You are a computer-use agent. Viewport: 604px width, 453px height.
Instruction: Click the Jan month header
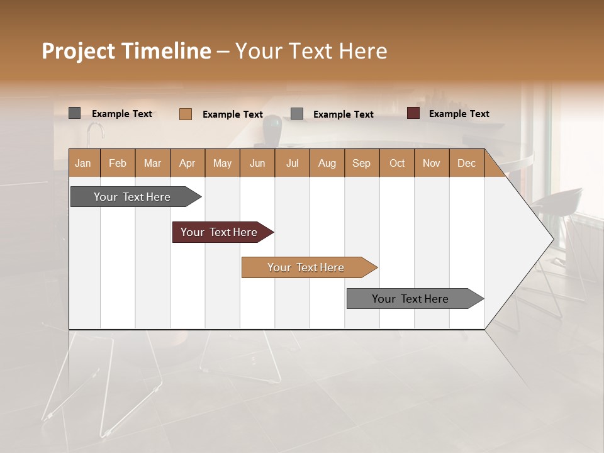click(x=83, y=163)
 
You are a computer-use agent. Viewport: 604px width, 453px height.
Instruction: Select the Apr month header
click(x=187, y=163)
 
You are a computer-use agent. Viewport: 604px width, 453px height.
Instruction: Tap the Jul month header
click(x=292, y=163)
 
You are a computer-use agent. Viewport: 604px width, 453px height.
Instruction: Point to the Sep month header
click(x=361, y=163)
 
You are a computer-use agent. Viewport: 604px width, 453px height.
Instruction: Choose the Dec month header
click(x=466, y=163)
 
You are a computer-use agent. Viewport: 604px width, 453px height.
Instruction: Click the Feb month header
click(x=118, y=163)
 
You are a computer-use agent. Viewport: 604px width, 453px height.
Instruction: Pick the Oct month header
click(x=397, y=163)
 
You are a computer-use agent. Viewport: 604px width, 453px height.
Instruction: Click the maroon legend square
click(x=413, y=113)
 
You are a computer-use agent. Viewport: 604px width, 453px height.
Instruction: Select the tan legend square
click(x=186, y=114)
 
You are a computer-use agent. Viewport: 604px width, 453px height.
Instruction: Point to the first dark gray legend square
click(x=75, y=113)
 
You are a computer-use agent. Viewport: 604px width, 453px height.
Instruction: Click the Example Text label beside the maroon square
click(x=459, y=114)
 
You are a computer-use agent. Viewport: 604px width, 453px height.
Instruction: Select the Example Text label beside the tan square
click(x=232, y=115)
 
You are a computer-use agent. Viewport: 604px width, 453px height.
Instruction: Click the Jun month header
click(x=257, y=163)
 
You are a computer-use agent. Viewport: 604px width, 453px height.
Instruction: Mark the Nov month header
click(x=432, y=163)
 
